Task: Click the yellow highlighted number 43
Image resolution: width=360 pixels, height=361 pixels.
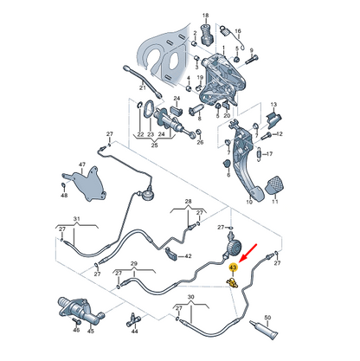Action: coord(233,268)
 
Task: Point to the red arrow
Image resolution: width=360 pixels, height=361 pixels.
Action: coord(248,252)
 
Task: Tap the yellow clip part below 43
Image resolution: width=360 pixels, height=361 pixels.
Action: coord(232,283)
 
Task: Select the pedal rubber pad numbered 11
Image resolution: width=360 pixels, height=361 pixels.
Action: coord(273,185)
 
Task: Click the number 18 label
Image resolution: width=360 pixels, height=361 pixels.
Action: coord(205,16)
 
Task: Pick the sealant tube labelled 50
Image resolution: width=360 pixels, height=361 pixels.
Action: coord(264,330)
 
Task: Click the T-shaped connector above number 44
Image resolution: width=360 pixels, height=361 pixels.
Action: coord(134,319)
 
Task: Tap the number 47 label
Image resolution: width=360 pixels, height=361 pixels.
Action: coord(82,164)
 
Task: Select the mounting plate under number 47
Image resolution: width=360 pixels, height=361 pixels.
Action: coord(85,184)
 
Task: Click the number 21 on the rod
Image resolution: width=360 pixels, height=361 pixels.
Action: coord(143,87)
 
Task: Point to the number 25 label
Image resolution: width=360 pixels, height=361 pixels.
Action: coord(154,145)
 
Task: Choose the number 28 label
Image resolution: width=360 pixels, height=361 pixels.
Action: coord(188,201)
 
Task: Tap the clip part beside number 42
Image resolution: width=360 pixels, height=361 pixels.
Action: coord(171,253)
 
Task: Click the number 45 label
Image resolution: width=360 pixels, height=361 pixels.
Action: coord(91,331)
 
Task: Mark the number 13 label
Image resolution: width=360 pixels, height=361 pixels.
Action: coord(273,104)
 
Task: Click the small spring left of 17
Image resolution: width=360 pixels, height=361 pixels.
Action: coord(260,154)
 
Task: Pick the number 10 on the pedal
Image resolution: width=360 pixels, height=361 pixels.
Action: coord(249,202)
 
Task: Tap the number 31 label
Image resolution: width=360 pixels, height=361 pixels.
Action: coord(76,219)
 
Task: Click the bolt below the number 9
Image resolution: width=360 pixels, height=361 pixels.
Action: coord(252,60)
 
